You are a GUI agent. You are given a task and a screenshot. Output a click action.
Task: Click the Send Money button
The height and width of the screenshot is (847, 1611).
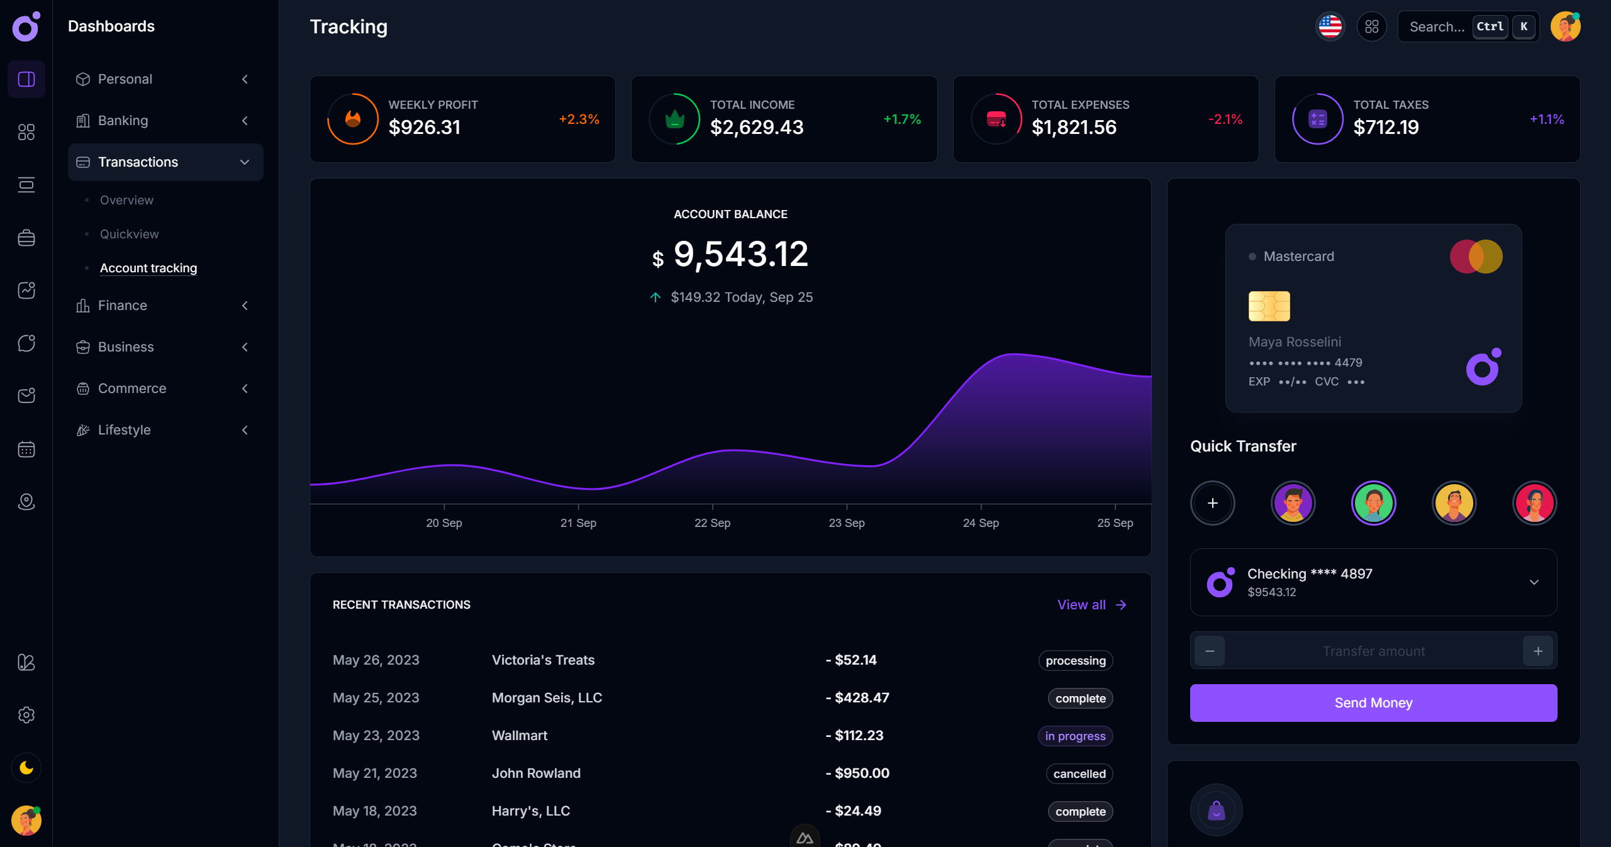pos(1373,702)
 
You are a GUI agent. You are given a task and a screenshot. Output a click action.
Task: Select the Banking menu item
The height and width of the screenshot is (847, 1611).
pos(123,120)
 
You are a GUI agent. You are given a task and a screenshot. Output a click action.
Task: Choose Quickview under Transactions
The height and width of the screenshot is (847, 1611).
pos(129,234)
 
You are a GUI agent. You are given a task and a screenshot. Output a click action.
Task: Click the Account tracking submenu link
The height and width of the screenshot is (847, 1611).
pos(148,268)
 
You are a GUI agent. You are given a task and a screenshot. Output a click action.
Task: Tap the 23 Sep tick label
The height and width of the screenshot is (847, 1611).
pos(846,523)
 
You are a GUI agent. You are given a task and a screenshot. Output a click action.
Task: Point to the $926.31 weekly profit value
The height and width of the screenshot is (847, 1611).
pos(425,127)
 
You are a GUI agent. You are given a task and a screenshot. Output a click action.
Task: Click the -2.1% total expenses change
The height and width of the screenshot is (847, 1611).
pos(1225,119)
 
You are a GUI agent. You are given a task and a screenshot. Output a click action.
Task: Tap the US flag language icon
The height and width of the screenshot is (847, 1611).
pos(1330,26)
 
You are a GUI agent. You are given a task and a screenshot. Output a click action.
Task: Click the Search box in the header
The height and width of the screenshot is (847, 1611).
pos(1437,26)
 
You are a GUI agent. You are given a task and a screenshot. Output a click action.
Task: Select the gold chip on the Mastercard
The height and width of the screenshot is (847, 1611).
pos(1269,306)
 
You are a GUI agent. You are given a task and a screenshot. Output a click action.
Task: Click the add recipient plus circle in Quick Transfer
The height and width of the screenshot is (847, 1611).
pos(1212,503)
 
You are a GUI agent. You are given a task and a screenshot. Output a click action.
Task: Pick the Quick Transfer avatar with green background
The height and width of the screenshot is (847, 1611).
pos(1373,503)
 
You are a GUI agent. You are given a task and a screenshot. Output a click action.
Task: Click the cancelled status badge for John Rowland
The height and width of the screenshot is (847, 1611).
pos(1079,773)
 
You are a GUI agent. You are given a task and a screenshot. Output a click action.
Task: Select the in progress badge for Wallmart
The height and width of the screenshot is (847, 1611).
pos(1075,736)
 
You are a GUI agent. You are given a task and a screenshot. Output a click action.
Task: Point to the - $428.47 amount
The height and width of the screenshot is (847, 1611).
pos(857,697)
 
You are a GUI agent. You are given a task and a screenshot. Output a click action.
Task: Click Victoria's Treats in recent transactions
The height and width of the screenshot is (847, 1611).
pos(543,660)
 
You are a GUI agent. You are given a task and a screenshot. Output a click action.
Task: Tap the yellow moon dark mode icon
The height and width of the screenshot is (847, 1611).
pos(26,768)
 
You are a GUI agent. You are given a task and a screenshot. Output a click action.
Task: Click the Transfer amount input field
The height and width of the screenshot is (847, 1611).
pos(1373,651)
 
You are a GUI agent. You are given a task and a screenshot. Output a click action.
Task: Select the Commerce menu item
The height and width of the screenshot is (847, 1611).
pos(132,388)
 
